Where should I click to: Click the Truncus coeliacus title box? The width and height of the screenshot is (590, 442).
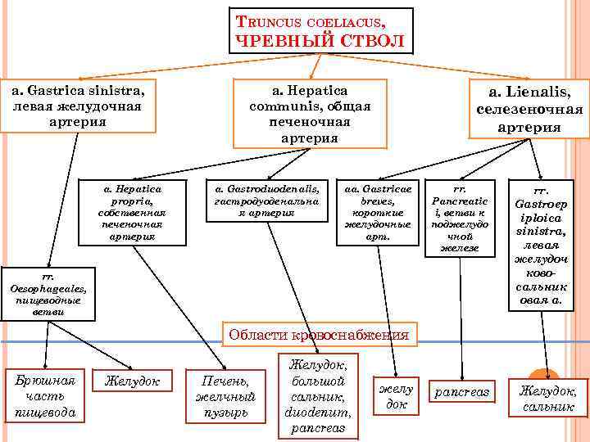pyautogui.click(x=321, y=31)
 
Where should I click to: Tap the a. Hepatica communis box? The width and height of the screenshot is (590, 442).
pyautogui.click(x=310, y=113)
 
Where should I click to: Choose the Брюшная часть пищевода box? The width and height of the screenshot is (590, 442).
pyautogui.click(x=45, y=396)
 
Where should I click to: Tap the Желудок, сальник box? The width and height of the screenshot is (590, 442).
pyautogui.click(x=543, y=398)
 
